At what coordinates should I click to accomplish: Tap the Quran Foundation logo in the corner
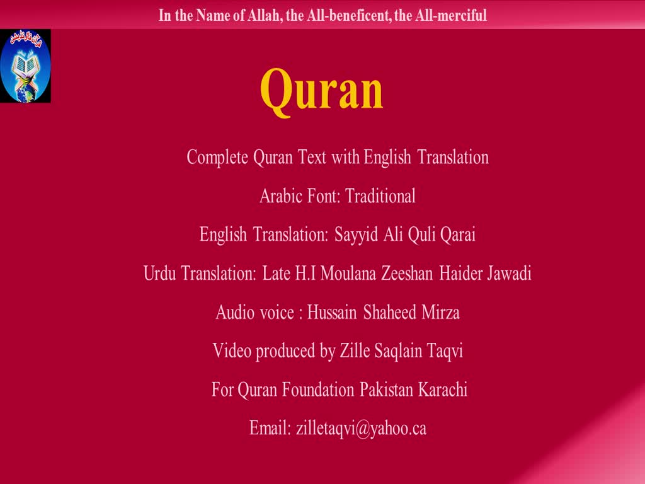click(25, 66)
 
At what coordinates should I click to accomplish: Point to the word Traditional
click(380, 196)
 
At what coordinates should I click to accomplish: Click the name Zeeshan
click(407, 274)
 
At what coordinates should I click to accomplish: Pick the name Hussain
click(332, 313)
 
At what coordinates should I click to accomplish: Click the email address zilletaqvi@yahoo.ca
click(361, 429)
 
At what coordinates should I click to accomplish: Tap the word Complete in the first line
click(217, 158)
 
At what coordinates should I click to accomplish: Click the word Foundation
click(318, 389)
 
